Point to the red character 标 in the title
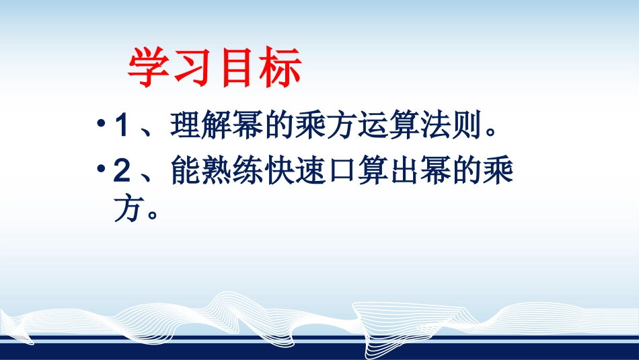click(280, 68)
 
